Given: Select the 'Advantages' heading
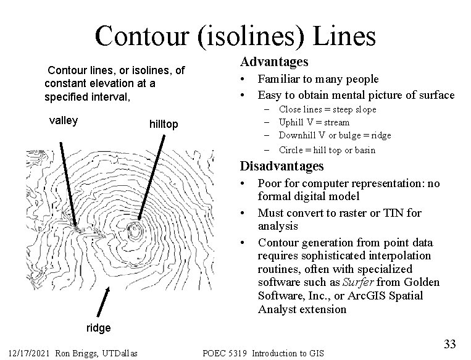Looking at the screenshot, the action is coord(274,62).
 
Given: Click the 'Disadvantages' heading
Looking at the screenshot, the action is coord(281,166).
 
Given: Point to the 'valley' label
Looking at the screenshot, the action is coord(63,120).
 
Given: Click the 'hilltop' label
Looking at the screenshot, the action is coord(164,125).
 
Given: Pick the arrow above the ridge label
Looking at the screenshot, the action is coord(104,302).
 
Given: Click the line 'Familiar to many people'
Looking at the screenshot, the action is coord(318,79).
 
